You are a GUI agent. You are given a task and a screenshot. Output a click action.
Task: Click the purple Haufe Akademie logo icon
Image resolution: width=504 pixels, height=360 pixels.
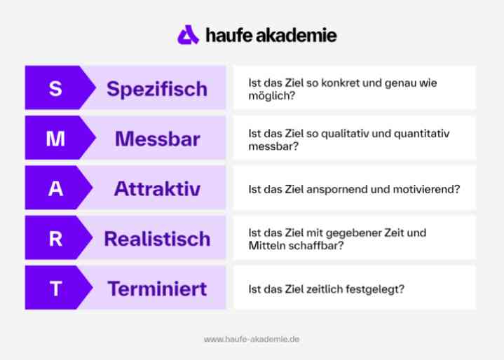pyautogui.click(x=188, y=35)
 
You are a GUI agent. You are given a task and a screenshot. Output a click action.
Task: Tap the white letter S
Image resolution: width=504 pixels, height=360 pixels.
pyautogui.click(x=55, y=88)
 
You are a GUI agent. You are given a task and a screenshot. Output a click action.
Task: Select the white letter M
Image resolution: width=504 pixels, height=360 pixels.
pyautogui.click(x=55, y=139)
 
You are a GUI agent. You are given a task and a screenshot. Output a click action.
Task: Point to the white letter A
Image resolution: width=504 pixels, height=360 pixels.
pyautogui.click(x=55, y=188)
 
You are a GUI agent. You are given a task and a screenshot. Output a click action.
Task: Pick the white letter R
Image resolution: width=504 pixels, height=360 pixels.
pyautogui.click(x=55, y=239)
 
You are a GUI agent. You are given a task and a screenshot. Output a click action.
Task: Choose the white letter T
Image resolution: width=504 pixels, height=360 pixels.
pyautogui.click(x=55, y=289)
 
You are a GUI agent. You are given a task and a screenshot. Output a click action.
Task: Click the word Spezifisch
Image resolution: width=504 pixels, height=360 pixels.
pyautogui.click(x=157, y=89)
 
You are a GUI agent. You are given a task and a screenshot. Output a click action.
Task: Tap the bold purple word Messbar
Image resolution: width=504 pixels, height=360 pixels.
pyautogui.click(x=158, y=139)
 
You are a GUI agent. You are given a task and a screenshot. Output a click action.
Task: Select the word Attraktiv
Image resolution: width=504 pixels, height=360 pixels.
pyautogui.click(x=157, y=188)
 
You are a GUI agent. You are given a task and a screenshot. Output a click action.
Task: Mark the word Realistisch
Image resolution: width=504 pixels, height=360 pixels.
pyautogui.click(x=157, y=239)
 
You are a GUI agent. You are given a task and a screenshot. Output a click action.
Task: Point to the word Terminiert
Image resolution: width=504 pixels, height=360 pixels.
pyautogui.click(x=157, y=289)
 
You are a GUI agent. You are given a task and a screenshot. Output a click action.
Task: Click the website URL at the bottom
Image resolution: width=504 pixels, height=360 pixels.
pyautogui.click(x=252, y=339)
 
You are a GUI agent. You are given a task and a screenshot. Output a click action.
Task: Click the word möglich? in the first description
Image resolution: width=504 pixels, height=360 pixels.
pyautogui.click(x=271, y=96)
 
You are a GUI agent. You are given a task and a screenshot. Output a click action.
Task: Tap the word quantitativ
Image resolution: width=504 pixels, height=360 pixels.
pyautogui.click(x=421, y=134)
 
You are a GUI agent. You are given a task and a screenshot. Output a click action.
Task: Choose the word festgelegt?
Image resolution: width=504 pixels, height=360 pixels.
pyautogui.click(x=375, y=289)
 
